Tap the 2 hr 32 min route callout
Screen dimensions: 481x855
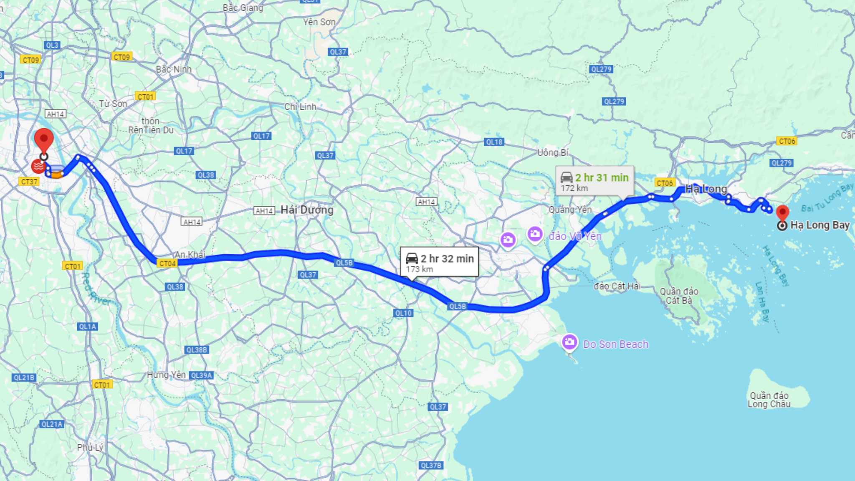click(439, 262)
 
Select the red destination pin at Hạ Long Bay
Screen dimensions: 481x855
click(782, 213)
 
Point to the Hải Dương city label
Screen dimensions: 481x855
click(307, 210)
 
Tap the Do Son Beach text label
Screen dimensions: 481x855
click(615, 344)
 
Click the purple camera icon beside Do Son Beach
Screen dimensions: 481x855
click(569, 342)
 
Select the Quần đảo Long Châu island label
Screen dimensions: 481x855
click(769, 400)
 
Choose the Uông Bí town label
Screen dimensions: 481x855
click(553, 153)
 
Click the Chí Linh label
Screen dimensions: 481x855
click(300, 107)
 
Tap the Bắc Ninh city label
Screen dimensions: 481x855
click(174, 69)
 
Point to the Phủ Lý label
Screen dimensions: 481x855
click(90, 448)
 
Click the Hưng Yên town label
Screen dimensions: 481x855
click(166, 375)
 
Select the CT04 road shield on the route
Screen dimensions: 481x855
click(167, 263)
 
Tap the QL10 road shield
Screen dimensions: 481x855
click(403, 313)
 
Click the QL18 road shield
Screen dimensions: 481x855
click(494, 142)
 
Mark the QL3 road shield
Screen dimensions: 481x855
click(52, 45)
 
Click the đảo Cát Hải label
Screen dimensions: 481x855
click(617, 286)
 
